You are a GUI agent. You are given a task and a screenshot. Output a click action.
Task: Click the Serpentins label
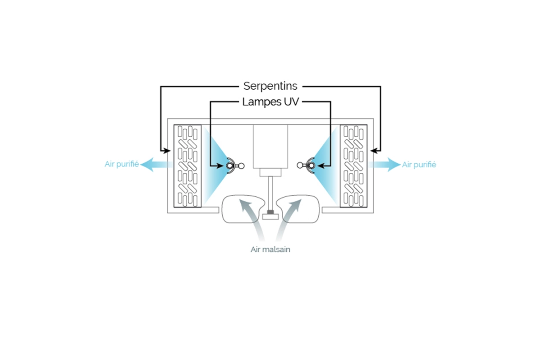pos(270,86)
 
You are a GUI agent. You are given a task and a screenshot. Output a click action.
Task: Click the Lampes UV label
pos(270,102)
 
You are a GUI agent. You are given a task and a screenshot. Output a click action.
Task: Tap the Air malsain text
pos(270,249)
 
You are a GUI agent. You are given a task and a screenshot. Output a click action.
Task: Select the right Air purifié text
pos(419,165)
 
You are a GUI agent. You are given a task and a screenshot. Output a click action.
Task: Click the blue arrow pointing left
pos(156,165)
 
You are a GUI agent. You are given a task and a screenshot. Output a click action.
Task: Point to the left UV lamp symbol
pos(234,166)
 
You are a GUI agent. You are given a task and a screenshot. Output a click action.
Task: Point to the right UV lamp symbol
pos(307,166)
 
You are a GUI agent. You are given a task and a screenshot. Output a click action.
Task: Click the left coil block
pos(188,166)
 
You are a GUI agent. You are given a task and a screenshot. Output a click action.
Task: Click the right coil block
pos(353,166)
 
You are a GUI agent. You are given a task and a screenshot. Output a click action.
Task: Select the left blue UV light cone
pos(212,165)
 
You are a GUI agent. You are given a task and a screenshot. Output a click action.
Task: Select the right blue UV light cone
pos(329,165)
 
